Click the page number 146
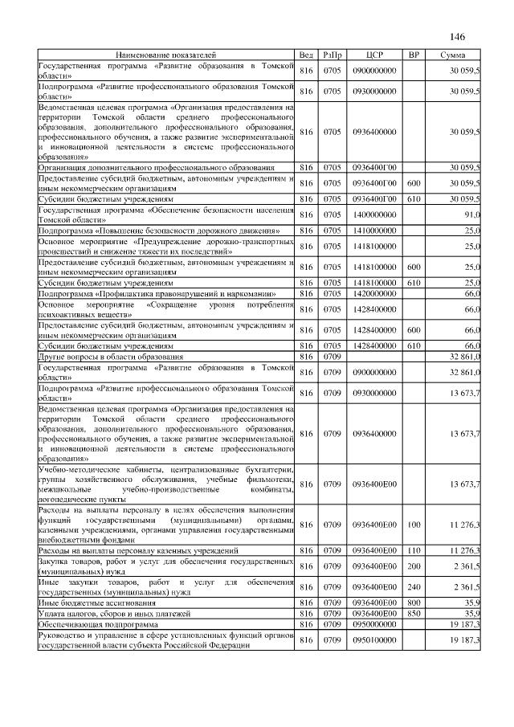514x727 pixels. coord(458,36)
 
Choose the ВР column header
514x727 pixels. coord(414,55)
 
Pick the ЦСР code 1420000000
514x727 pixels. coord(374,294)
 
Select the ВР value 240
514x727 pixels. coord(414,587)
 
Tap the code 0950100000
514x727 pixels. coord(374,639)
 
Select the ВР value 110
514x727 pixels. coord(414,550)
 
